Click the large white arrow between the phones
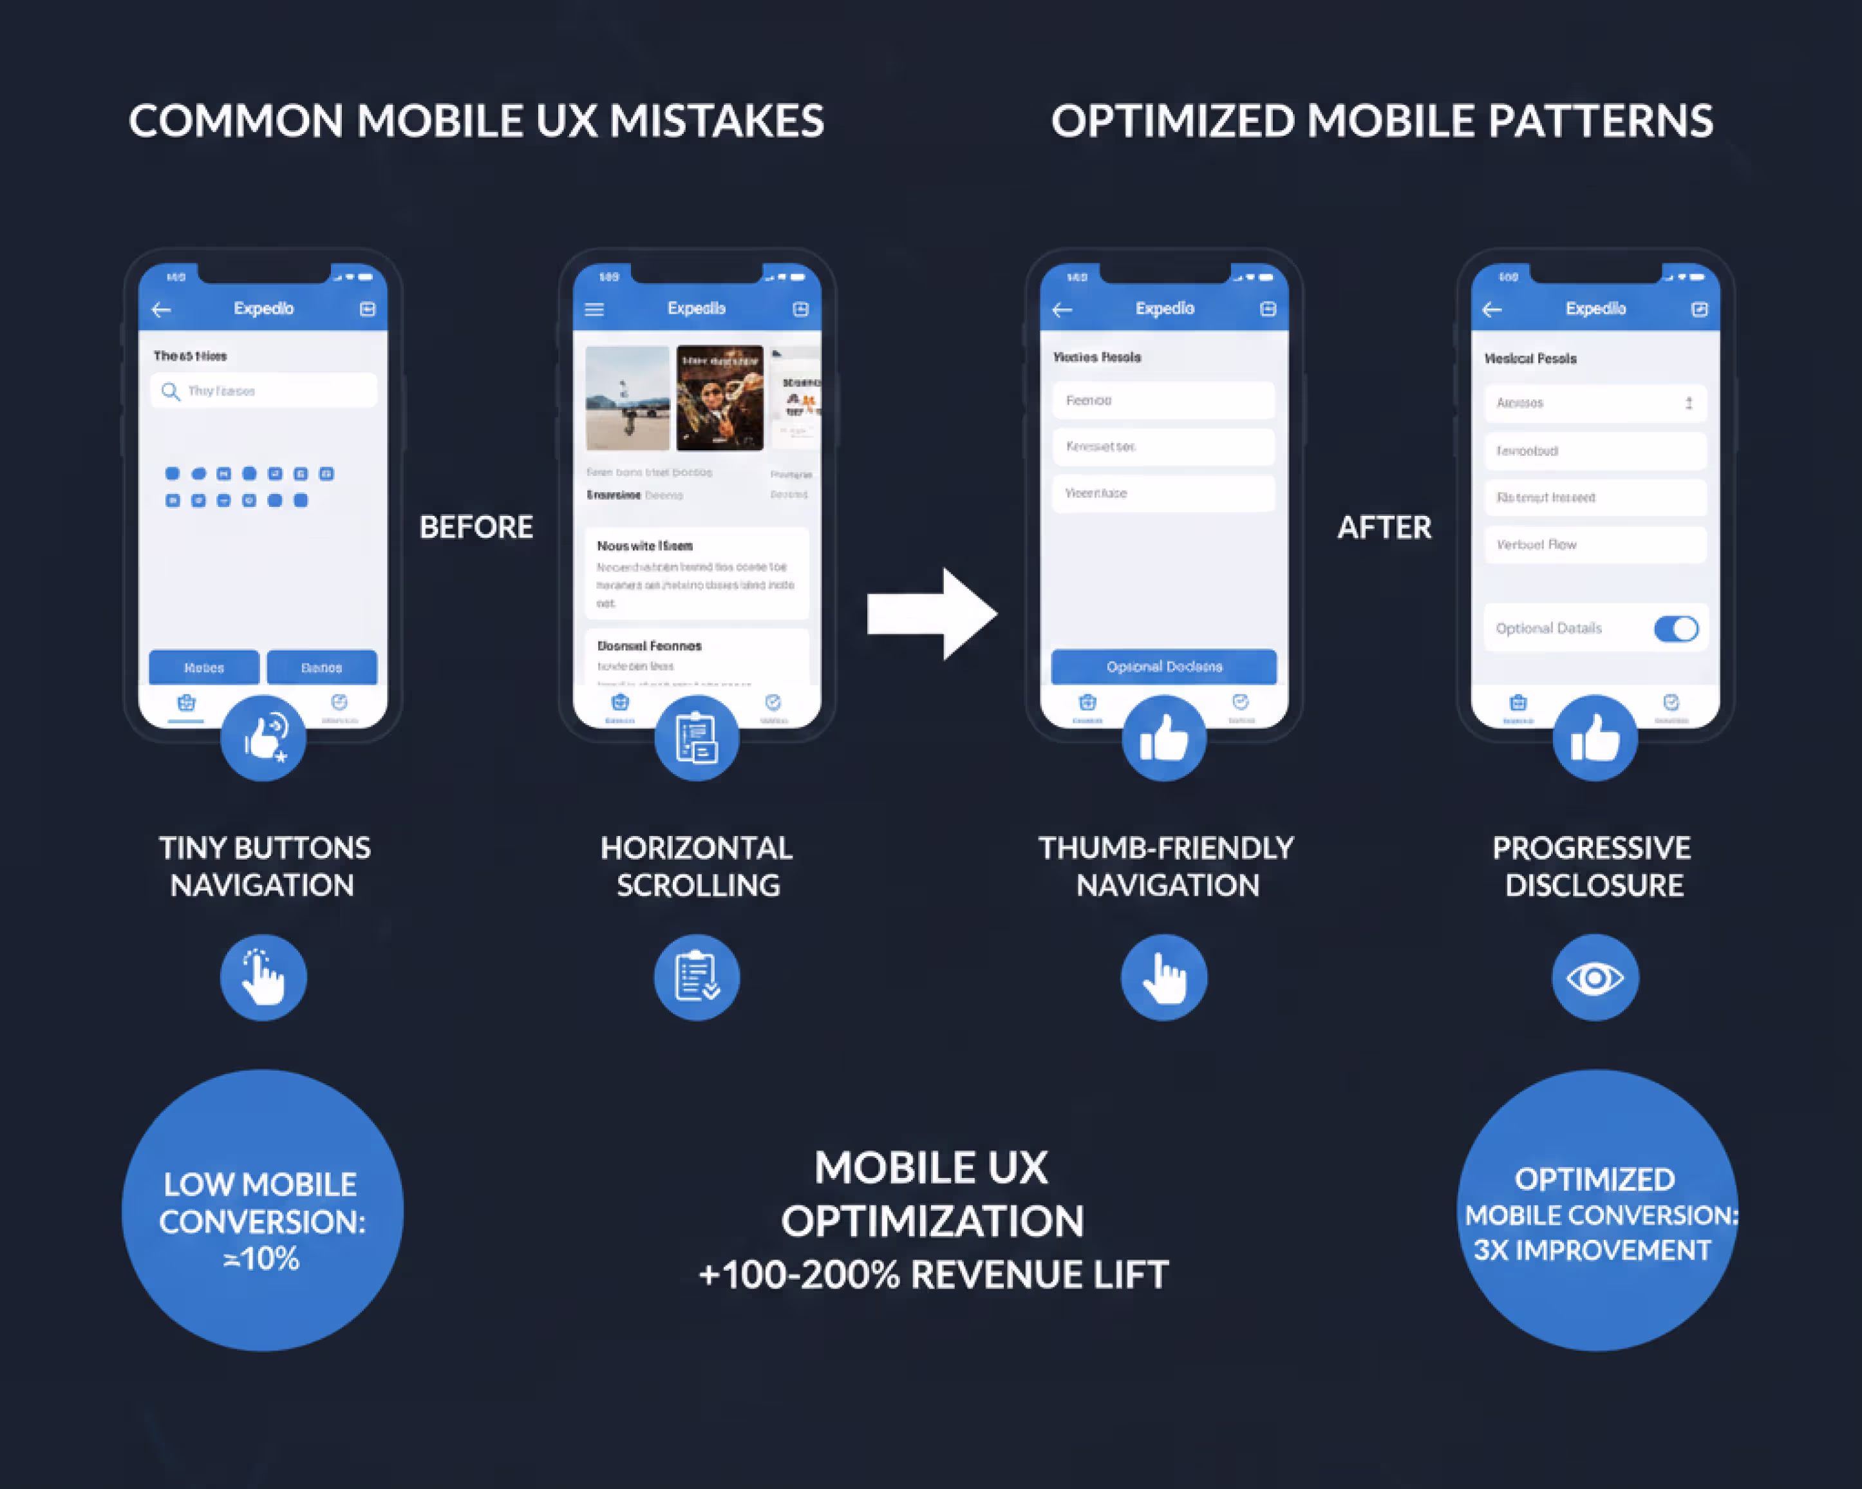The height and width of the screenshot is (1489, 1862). (x=933, y=614)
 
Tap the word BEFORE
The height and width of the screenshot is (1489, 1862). (x=476, y=527)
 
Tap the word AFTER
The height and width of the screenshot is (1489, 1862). (x=1384, y=527)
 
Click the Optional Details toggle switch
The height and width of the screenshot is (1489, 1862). (x=1675, y=629)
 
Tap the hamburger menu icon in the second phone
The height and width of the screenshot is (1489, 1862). (x=594, y=309)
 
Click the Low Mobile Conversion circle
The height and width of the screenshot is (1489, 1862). (x=263, y=1211)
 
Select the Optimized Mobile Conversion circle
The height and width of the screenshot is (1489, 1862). (x=1596, y=1211)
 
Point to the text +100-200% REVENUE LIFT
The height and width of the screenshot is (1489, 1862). (x=933, y=1275)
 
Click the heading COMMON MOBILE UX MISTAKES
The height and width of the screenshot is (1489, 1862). (x=476, y=121)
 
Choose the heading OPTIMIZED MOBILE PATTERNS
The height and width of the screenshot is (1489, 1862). (x=1382, y=121)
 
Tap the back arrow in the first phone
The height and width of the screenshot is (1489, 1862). (x=162, y=309)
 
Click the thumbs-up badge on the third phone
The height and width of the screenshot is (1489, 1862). (x=1164, y=739)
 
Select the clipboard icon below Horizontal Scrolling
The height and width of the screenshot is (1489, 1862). (x=697, y=978)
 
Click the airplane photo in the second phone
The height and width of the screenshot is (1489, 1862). (x=627, y=398)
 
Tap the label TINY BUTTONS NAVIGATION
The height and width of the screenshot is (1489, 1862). (x=263, y=866)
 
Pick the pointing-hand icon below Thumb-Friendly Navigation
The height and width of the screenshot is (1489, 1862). (x=1164, y=978)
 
